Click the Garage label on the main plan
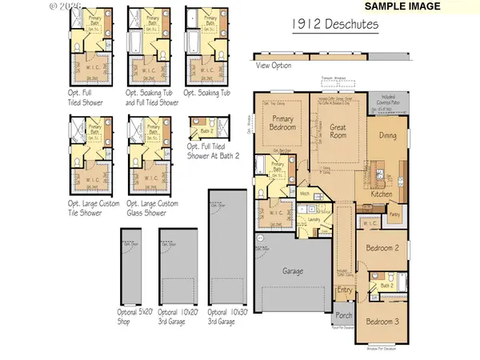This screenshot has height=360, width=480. (293, 271)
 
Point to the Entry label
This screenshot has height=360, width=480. (345, 290)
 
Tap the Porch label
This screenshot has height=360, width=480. (345, 314)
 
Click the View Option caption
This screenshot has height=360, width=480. (274, 66)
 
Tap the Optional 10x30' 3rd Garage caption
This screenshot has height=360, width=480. (230, 318)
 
